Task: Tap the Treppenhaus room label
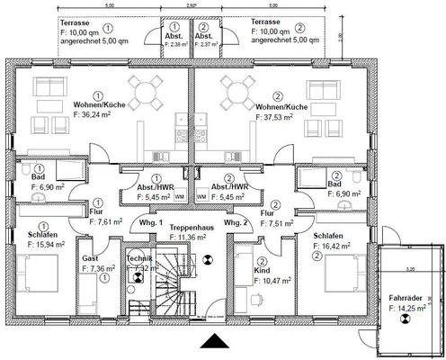click(187, 228)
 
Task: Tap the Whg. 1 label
click(149, 222)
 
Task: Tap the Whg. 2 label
click(236, 222)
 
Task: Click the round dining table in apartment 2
click(236, 91)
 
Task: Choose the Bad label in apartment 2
click(334, 183)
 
